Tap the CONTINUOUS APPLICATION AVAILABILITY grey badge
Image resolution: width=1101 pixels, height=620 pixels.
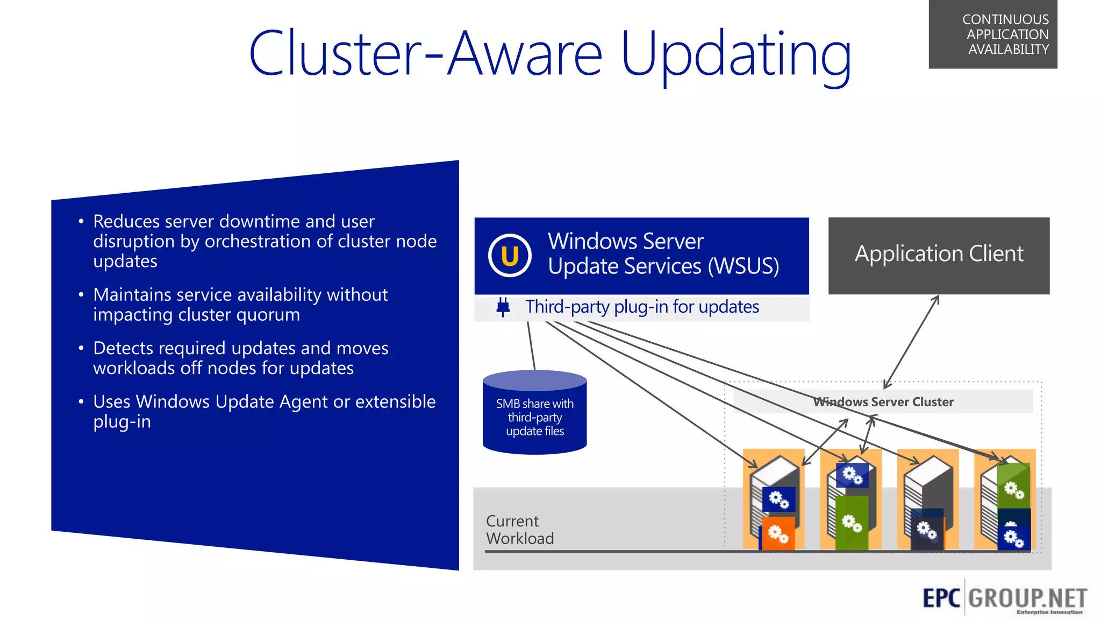coord(992,34)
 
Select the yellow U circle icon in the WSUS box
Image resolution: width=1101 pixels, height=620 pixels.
coord(510,256)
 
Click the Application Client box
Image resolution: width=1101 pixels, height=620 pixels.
coord(939,255)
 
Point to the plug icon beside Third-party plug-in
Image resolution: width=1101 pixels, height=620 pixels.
coord(503,307)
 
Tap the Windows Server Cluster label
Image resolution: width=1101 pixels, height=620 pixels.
coord(883,401)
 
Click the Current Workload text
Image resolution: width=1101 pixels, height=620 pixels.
coord(519,530)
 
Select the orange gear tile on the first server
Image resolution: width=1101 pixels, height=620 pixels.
coord(778,533)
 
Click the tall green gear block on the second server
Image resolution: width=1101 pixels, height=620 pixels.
coord(852,522)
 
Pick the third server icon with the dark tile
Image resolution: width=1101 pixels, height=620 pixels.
coord(928,501)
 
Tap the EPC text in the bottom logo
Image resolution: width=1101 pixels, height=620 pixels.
coord(941,598)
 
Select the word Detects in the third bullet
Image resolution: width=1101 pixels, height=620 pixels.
coord(123,348)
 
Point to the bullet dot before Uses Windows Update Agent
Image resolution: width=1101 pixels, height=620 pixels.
coord(81,401)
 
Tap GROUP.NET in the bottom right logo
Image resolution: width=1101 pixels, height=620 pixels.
coord(1027,598)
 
